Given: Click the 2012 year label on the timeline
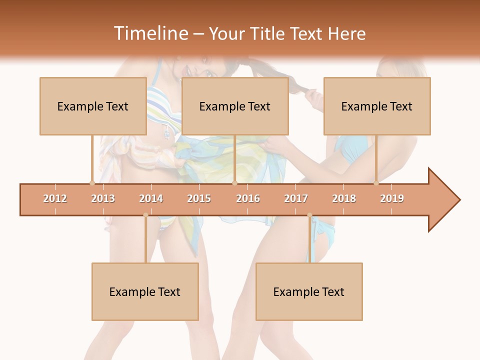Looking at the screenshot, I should (x=55, y=198).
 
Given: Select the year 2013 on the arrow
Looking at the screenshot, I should (x=103, y=198).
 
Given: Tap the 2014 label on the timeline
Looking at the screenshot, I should (x=151, y=198).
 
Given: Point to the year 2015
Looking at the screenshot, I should (x=199, y=198).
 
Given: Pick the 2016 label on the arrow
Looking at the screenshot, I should (x=248, y=198).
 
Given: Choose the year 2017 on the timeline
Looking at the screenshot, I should (x=296, y=198).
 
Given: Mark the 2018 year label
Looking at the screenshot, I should (x=344, y=198).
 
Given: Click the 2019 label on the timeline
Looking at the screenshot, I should (x=392, y=198).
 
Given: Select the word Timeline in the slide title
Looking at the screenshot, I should (x=150, y=33).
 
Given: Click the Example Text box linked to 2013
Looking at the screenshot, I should (x=93, y=106).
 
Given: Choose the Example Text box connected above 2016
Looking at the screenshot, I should (x=235, y=106).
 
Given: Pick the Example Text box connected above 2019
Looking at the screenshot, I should (x=377, y=106).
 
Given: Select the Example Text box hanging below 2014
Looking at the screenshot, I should (x=145, y=291).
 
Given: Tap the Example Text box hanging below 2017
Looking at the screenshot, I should (x=309, y=291).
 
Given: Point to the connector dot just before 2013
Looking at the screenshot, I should (x=92, y=183).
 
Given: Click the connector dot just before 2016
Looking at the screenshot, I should (x=234, y=183).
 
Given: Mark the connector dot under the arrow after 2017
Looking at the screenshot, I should (x=309, y=215).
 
